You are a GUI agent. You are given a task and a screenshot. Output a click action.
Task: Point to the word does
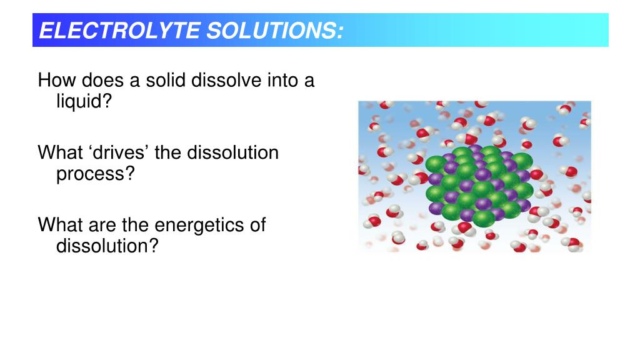pos(102,81)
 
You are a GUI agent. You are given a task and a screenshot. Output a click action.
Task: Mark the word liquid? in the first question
pos(83,102)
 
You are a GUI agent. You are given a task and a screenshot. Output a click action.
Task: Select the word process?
pos(96,174)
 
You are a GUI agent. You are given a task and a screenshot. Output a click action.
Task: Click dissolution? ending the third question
pos(107,246)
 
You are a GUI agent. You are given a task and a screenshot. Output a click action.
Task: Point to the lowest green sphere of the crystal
pos(484,218)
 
